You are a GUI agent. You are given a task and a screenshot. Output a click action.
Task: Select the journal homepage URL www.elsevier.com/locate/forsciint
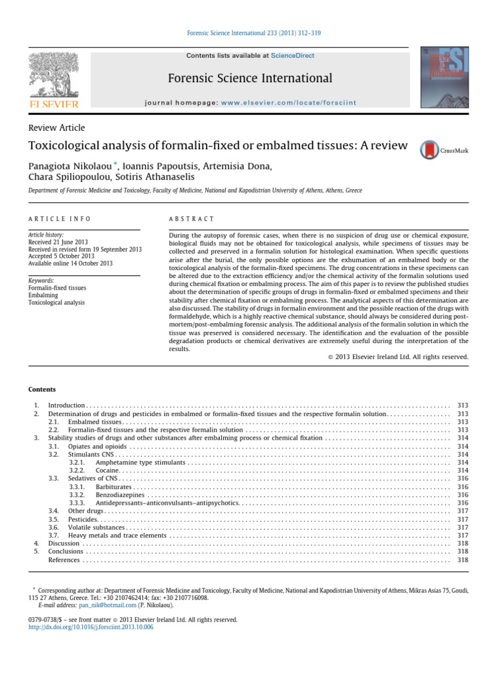pos(276,103)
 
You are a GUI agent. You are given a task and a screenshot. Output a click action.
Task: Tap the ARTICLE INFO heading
pos(60,219)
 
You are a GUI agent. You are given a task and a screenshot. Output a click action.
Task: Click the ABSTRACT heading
pos(192,219)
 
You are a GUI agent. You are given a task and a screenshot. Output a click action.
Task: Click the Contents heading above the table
pos(42,390)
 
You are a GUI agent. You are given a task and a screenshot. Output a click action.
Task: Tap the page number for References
pos(463,560)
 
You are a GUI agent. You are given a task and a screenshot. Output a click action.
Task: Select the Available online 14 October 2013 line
pos(70,264)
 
